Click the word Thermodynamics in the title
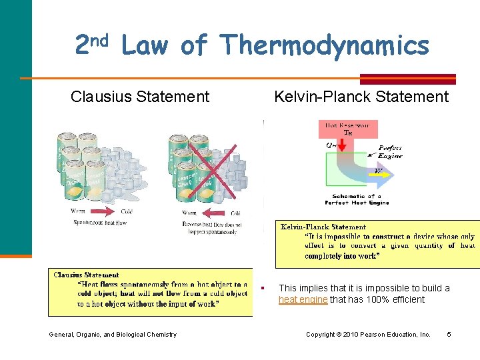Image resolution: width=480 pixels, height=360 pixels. pyautogui.click(x=325, y=46)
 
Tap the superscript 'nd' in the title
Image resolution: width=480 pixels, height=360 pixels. pyautogui.click(x=99, y=39)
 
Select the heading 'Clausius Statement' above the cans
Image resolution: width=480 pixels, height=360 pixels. pyautogui.click(x=140, y=97)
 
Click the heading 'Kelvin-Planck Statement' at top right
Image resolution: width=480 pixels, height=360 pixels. pyautogui.click(x=361, y=97)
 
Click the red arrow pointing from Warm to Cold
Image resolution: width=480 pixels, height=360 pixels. pyautogui.click(x=103, y=212)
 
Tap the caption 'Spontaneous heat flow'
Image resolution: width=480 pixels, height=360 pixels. pyautogui.click(x=100, y=223)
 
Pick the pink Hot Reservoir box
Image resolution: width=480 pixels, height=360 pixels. pyautogui.click(x=350, y=128)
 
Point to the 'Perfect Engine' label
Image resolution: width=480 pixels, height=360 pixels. pyautogui.click(x=391, y=151)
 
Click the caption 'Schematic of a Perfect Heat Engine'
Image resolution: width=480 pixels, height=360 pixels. pyautogui.click(x=357, y=199)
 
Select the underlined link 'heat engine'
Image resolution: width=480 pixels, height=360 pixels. pyautogui.click(x=303, y=300)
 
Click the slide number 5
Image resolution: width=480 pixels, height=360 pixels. pyautogui.click(x=449, y=334)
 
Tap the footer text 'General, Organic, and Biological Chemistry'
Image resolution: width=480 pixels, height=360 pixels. pyautogui.click(x=113, y=334)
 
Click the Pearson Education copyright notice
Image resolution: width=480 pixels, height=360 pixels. pyautogui.click(x=368, y=334)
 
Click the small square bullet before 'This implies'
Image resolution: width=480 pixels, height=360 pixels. pyautogui.click(x=265, y=288)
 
